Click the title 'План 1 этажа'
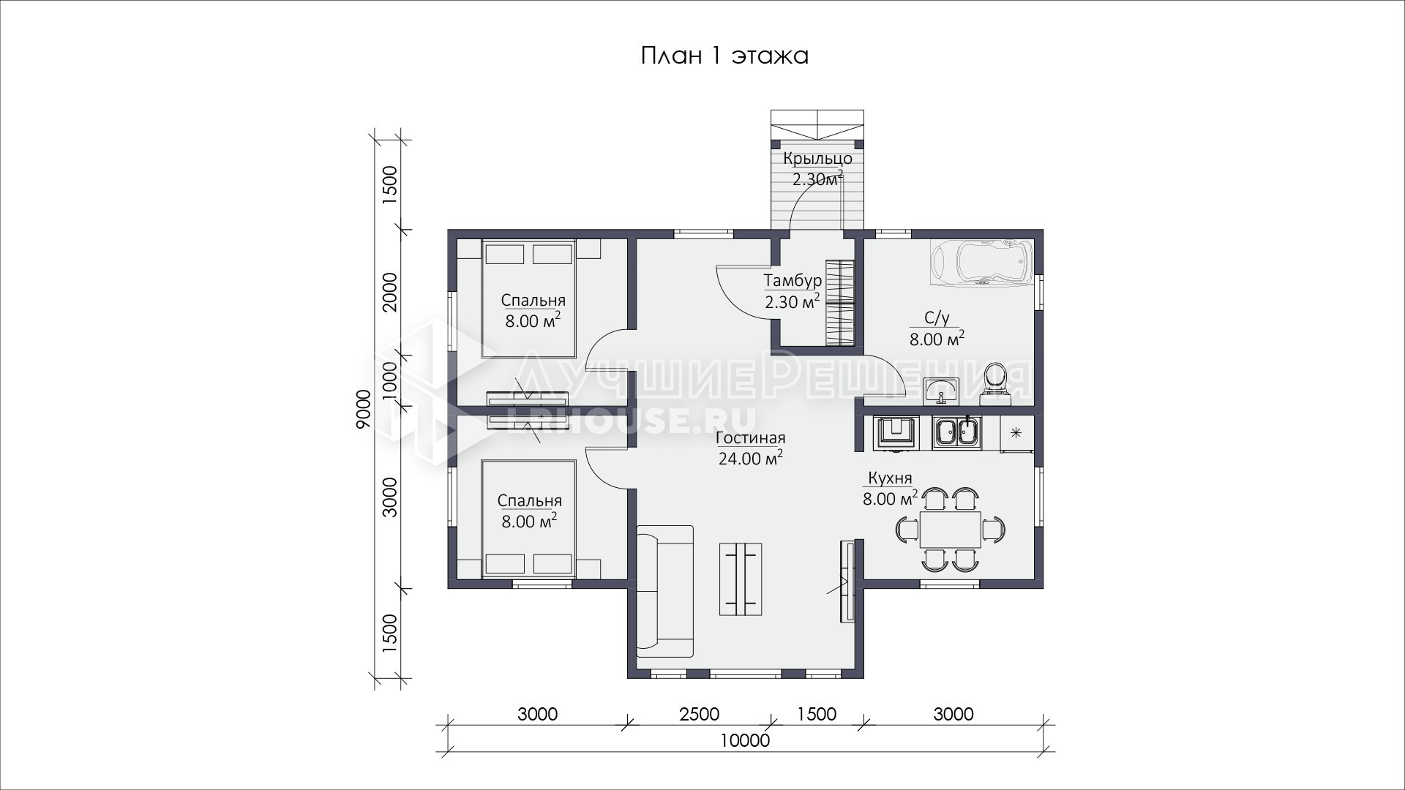point(724,56)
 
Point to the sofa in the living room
point(664,591)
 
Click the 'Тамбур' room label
point(793,281)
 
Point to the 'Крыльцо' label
point(817,159)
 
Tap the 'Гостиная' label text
point(751,438)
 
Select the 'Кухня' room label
point(890,478)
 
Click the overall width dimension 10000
point(745,740)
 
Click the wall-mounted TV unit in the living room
point(847,582)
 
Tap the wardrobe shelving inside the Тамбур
point(840,303)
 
